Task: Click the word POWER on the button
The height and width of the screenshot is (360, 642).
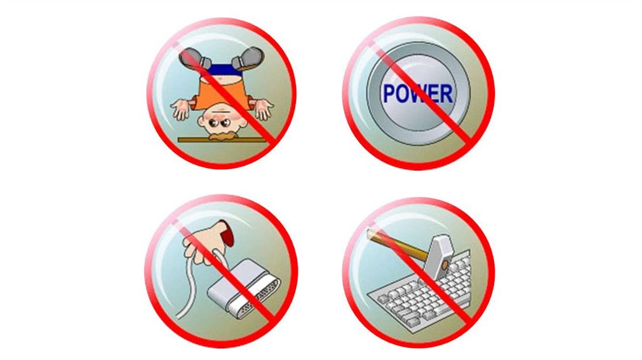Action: click(x=418, y=93)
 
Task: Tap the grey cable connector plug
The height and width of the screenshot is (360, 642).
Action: click(x=245, y=289)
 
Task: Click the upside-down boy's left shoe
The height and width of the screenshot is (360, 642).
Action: click(x=195, y=58)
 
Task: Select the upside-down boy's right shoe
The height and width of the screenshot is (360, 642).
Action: click(x=248, y=58)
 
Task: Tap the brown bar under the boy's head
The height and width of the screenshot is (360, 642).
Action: click(x=221, y=140)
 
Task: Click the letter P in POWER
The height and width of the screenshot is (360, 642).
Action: click(x=388, y=94)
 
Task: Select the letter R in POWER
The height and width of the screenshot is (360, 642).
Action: click(x=446, y=94)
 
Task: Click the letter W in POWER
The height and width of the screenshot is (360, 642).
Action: click(x=417, y=94)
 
